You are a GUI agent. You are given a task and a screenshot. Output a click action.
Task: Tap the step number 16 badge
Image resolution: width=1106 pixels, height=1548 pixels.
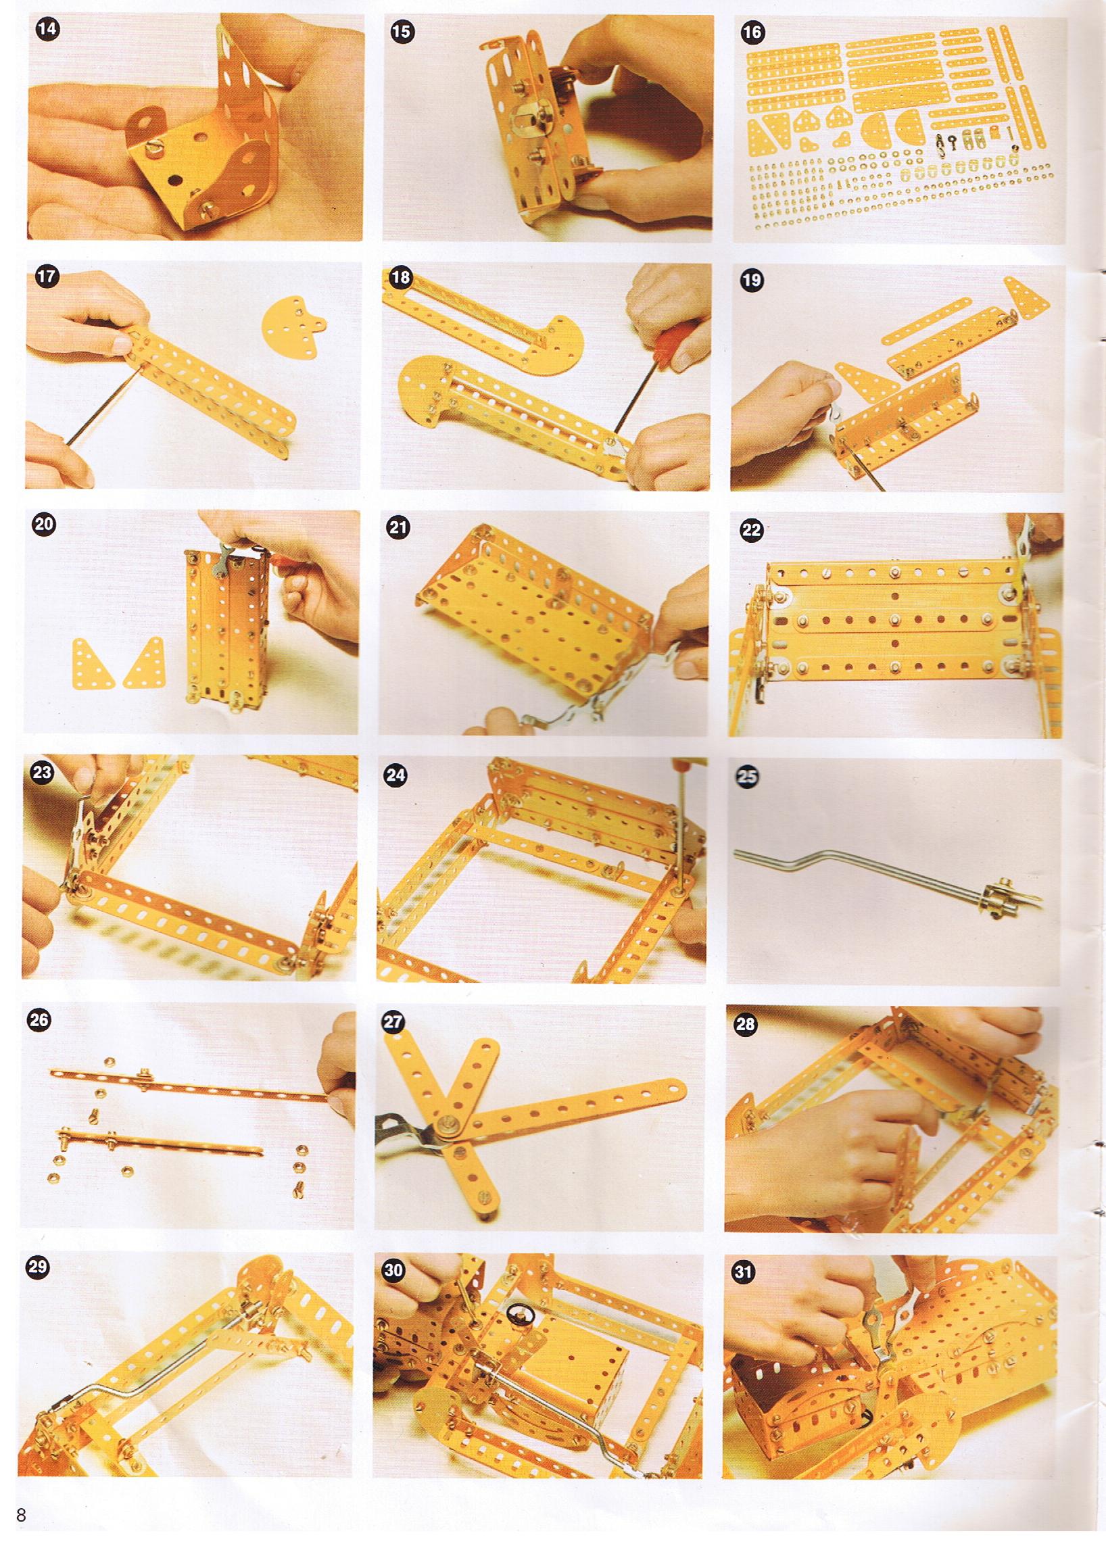click(754, 32)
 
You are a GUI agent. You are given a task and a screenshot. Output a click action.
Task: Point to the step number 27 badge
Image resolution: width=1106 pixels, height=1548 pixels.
click(394, 1021)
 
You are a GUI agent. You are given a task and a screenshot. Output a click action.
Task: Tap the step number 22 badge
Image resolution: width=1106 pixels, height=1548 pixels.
click(751, 531)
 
